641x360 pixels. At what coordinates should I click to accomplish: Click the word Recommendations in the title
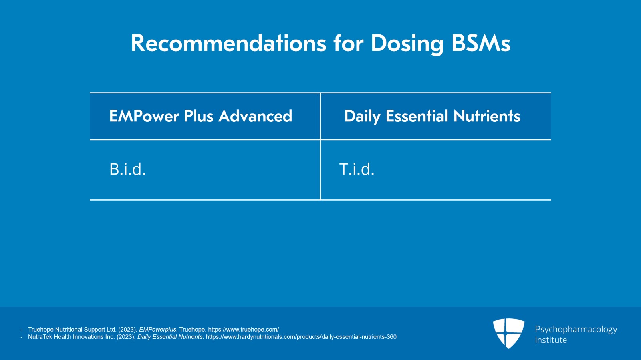coord(228,43)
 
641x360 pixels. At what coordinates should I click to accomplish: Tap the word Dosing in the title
coord(407,43)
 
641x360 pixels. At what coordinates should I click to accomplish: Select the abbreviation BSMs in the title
coord(481,43)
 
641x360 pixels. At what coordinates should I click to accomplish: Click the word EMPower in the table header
coord(144,116)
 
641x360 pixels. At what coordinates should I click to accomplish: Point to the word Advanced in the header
coord(255,116)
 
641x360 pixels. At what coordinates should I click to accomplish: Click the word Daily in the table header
coord(362,116)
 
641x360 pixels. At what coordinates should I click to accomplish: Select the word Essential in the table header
coord(417,116)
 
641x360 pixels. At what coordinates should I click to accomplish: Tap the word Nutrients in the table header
coord(487,116)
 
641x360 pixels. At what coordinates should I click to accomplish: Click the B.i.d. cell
coord(127,169)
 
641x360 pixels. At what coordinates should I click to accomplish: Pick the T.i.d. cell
coord(357,169)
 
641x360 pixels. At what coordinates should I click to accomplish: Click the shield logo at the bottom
coord(508,333)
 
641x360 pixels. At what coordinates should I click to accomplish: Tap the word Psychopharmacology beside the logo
coord(576,329)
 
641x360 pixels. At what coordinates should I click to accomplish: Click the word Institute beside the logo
coord(551,340)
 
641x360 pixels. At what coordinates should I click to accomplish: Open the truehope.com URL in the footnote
coord(243,330)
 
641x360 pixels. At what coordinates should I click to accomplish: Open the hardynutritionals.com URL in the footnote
coord(301,337)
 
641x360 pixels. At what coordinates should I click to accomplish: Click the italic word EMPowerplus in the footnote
coord(157,330)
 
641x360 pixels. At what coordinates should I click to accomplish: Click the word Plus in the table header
coord(198,116)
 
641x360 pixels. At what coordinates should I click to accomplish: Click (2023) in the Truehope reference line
coord(127,330)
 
